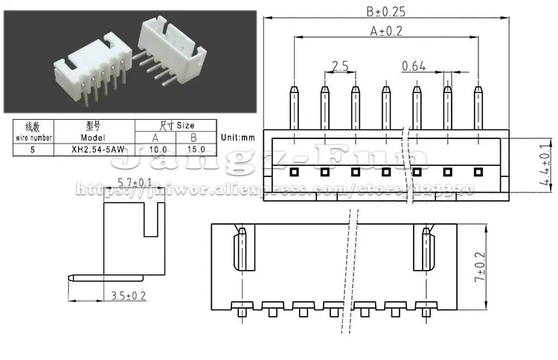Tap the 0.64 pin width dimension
414,66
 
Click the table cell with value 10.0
155,149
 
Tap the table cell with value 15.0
195,149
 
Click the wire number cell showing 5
31,149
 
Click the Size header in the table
176,125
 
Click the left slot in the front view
240,251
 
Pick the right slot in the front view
426,251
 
